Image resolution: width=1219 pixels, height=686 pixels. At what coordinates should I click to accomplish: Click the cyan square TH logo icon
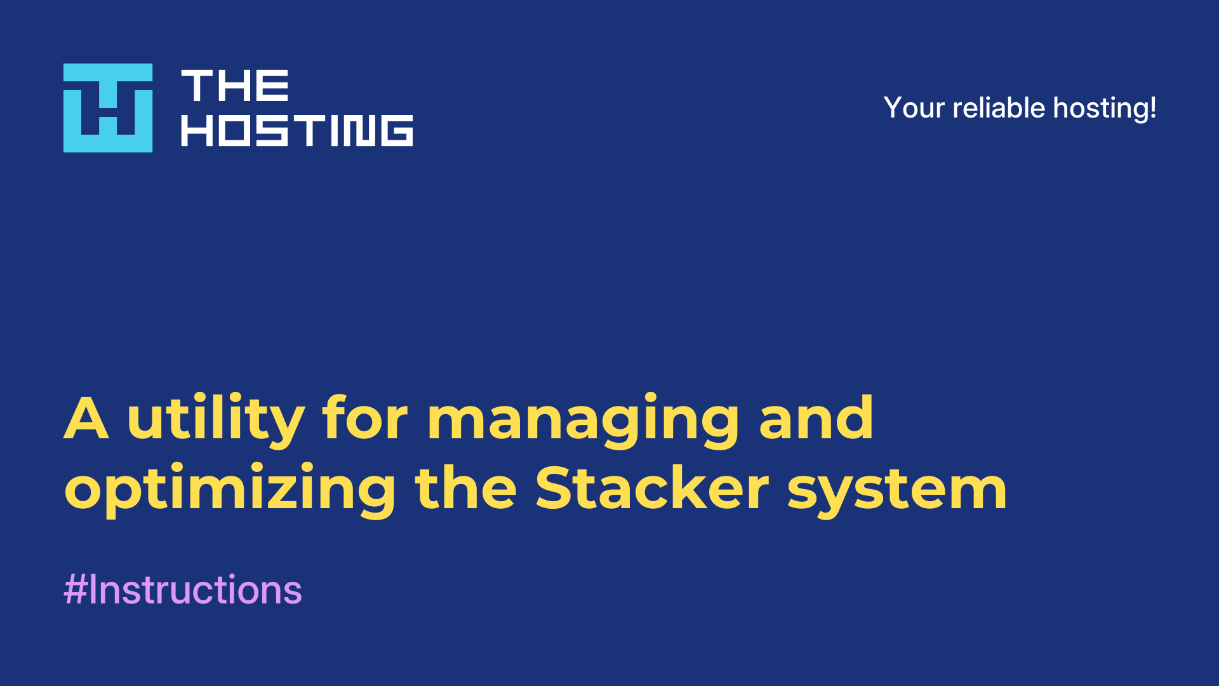pos(108,108)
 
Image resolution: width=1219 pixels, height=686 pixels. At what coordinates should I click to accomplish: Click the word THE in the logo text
pos(235,86)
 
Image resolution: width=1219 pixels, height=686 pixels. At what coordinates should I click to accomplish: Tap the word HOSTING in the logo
pos(297,130)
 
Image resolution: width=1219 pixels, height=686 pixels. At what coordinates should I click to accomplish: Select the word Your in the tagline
pos(914,108)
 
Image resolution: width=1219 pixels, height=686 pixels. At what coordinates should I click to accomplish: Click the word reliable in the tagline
pos(999,107)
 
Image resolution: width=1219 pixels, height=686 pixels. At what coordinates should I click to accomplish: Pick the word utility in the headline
pos(216,420)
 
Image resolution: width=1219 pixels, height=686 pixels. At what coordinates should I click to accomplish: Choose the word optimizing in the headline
pos(230,490)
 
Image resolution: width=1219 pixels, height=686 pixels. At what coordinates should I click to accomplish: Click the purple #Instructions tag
pos(183,589)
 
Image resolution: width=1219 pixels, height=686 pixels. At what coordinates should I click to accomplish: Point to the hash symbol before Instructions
pos(75,590)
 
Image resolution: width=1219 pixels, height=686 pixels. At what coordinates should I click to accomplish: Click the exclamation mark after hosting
pos(1152,107)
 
